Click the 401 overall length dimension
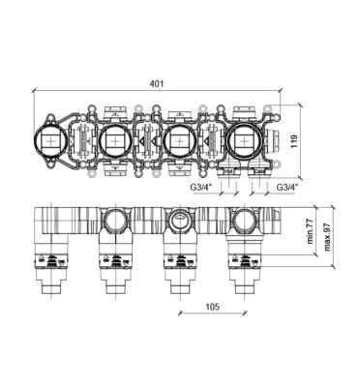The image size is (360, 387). (x=157, y=84)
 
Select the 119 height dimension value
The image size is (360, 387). (x=294, y=141)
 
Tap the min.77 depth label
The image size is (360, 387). (x=310, y=232)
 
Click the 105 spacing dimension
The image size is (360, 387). (x=213, y=307)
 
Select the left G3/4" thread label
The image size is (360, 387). (x=200, y=187)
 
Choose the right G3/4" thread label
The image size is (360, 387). (x=287, y=187)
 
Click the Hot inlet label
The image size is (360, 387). (x=228, y=171)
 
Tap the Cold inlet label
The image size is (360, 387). (x=259, y=171)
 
